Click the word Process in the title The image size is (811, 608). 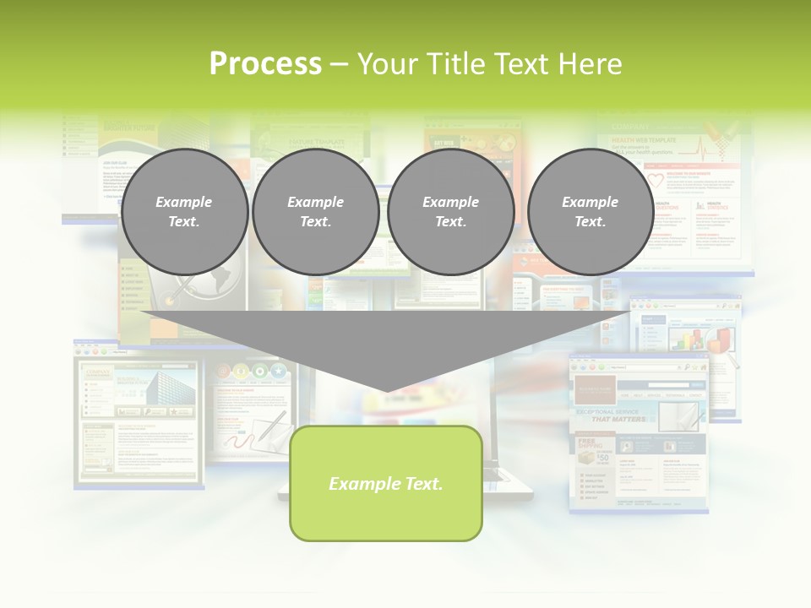click(x=265, y=64)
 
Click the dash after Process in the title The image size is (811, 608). click(x=339, y=65)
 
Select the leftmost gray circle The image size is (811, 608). click(x=184, y=212)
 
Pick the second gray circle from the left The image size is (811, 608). click(x=315, y=212)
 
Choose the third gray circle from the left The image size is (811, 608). click(x=450, y=212)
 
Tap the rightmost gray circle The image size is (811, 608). click(x=590, y=212)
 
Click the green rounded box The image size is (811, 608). click(x=386, y=483)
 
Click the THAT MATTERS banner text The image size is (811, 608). click(x=618, y=419)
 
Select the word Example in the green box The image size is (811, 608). click(x=360, y=484)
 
